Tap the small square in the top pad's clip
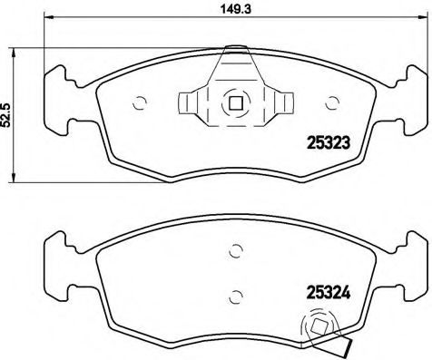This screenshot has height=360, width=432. (x=234, y=102)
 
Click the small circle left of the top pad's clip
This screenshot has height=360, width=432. (x=140, y=102)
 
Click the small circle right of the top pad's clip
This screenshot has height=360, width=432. (x=329, y=102)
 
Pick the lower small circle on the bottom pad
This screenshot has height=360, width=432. (x=234, y=293)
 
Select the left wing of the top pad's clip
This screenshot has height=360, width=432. (x=193, y=102)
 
